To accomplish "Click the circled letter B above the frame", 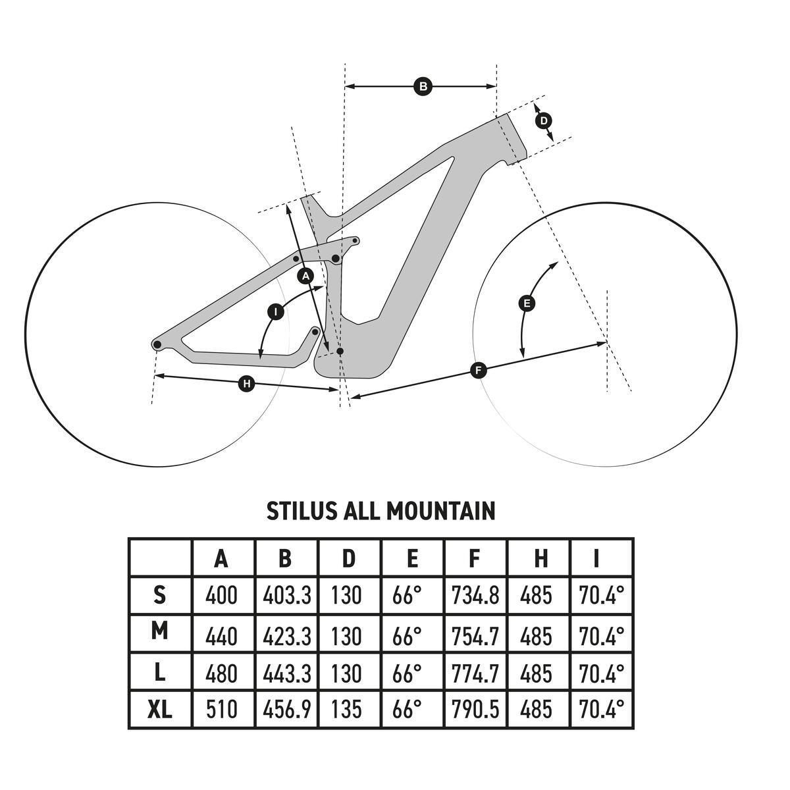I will (x=423, y=86).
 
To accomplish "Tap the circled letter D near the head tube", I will (x=544, y=121).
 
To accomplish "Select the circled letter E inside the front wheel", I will (x=527, y=303).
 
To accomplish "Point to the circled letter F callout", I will (x=479, y=371).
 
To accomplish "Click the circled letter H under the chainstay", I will (x=246, y=383).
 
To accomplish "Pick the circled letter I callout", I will (x=276, y=311).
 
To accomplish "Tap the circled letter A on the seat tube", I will (x=305, y=276).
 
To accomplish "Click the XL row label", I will (x=159, y=709).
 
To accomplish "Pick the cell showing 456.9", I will (x=286, y=709).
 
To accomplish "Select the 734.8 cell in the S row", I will (x=475, y=596).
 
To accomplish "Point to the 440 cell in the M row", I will (x=222, y=636).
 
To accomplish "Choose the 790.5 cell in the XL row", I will (x=475, y=709).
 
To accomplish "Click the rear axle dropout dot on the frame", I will (x=157, y=344).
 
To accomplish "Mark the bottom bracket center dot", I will (x=340, y=352).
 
